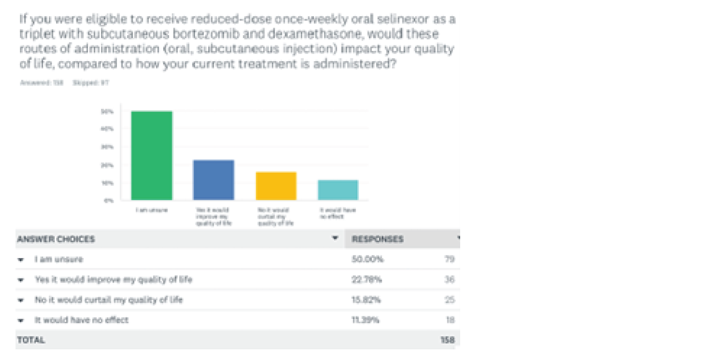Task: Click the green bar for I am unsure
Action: coord(152,156)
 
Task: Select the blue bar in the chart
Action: coord(214,180)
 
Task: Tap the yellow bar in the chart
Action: coord(276,186)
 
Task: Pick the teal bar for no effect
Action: coord(338,190)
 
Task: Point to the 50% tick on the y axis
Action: coord(107,112)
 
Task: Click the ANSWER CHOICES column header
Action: coord(56,240)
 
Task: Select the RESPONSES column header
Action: coord(378,240)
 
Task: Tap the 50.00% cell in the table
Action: coord(367,259)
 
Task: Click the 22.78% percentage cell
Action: coord(367,280)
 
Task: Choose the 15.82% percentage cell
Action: coord(367,300)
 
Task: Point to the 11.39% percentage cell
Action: coord(367,320)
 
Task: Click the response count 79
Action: coord(449,259)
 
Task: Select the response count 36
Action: coord(449,280)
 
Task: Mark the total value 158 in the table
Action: coord(448,340)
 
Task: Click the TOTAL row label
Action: coord(31,340)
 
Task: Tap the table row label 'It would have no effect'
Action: coord(82,320)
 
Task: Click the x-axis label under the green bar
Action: coord(152,210)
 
